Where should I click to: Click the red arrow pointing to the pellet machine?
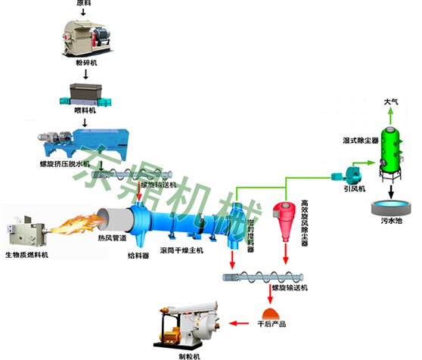point(237,324)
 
